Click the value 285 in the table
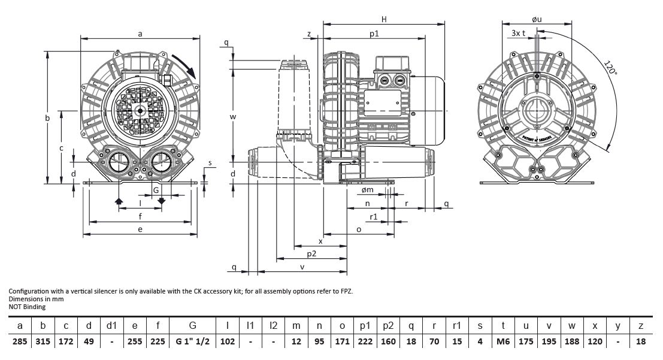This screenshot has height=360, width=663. (21, 341)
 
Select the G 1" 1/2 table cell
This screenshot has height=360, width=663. (192, 341)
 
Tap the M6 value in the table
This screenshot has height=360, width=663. (502, 341)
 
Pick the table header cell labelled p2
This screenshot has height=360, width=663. (387, 325)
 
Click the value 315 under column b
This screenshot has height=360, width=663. (43, 341)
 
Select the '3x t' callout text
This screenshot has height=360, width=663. (519, 34)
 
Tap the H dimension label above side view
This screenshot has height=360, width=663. (384, 19)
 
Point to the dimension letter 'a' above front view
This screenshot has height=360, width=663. (140, 34)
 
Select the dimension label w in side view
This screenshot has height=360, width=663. (233, 116)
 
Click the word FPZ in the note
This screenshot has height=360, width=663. (347, 291)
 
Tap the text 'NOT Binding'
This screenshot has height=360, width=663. (27, 307)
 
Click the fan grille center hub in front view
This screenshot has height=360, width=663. (140, 110)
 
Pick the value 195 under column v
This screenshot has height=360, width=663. (549, 341)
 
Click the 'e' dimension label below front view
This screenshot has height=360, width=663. (140, 229)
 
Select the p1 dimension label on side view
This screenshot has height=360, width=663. (374, 34)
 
